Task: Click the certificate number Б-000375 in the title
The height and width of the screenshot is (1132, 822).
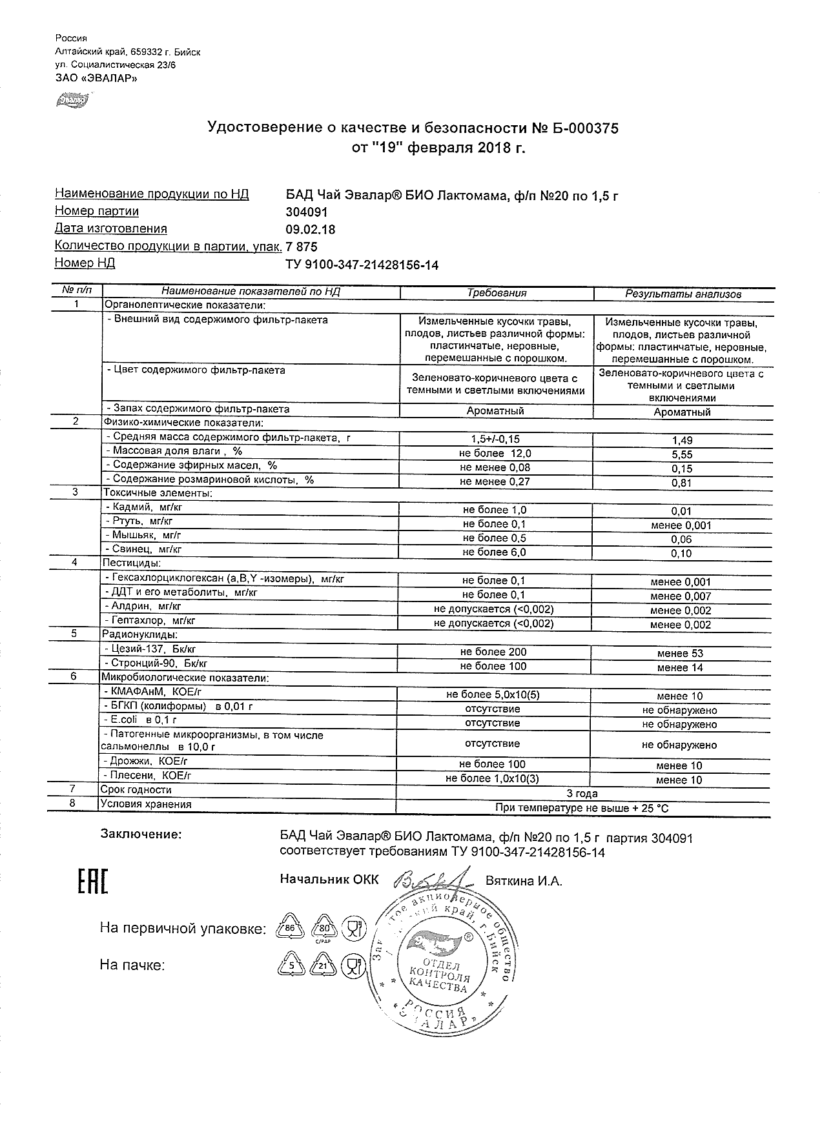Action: tap(584, 128)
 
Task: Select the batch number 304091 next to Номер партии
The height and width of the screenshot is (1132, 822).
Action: tap(307, 212)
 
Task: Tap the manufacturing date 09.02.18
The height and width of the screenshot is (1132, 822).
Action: tap(310, 229)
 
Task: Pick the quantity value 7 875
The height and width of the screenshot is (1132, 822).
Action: tap(302, 247)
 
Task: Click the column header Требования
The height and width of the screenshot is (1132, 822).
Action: tap(497, 293)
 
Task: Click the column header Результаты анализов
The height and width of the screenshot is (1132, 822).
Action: tap(683, 294)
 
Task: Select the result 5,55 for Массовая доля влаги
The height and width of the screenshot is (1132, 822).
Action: tap(682, 454)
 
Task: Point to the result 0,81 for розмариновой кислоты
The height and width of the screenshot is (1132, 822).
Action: tap(682, 483)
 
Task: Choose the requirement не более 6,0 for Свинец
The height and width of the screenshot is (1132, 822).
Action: tap(495, 552)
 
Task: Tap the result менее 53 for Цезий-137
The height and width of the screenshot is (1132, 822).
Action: tap(680, 653)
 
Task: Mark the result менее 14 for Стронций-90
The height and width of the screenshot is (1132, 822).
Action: tap(680, 667)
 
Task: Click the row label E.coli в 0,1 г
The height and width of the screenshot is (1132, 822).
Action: tap(140, 720)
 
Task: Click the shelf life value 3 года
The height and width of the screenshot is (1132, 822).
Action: tap(582, 794)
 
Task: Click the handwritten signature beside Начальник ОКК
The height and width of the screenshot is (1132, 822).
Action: tap(429, 882)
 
